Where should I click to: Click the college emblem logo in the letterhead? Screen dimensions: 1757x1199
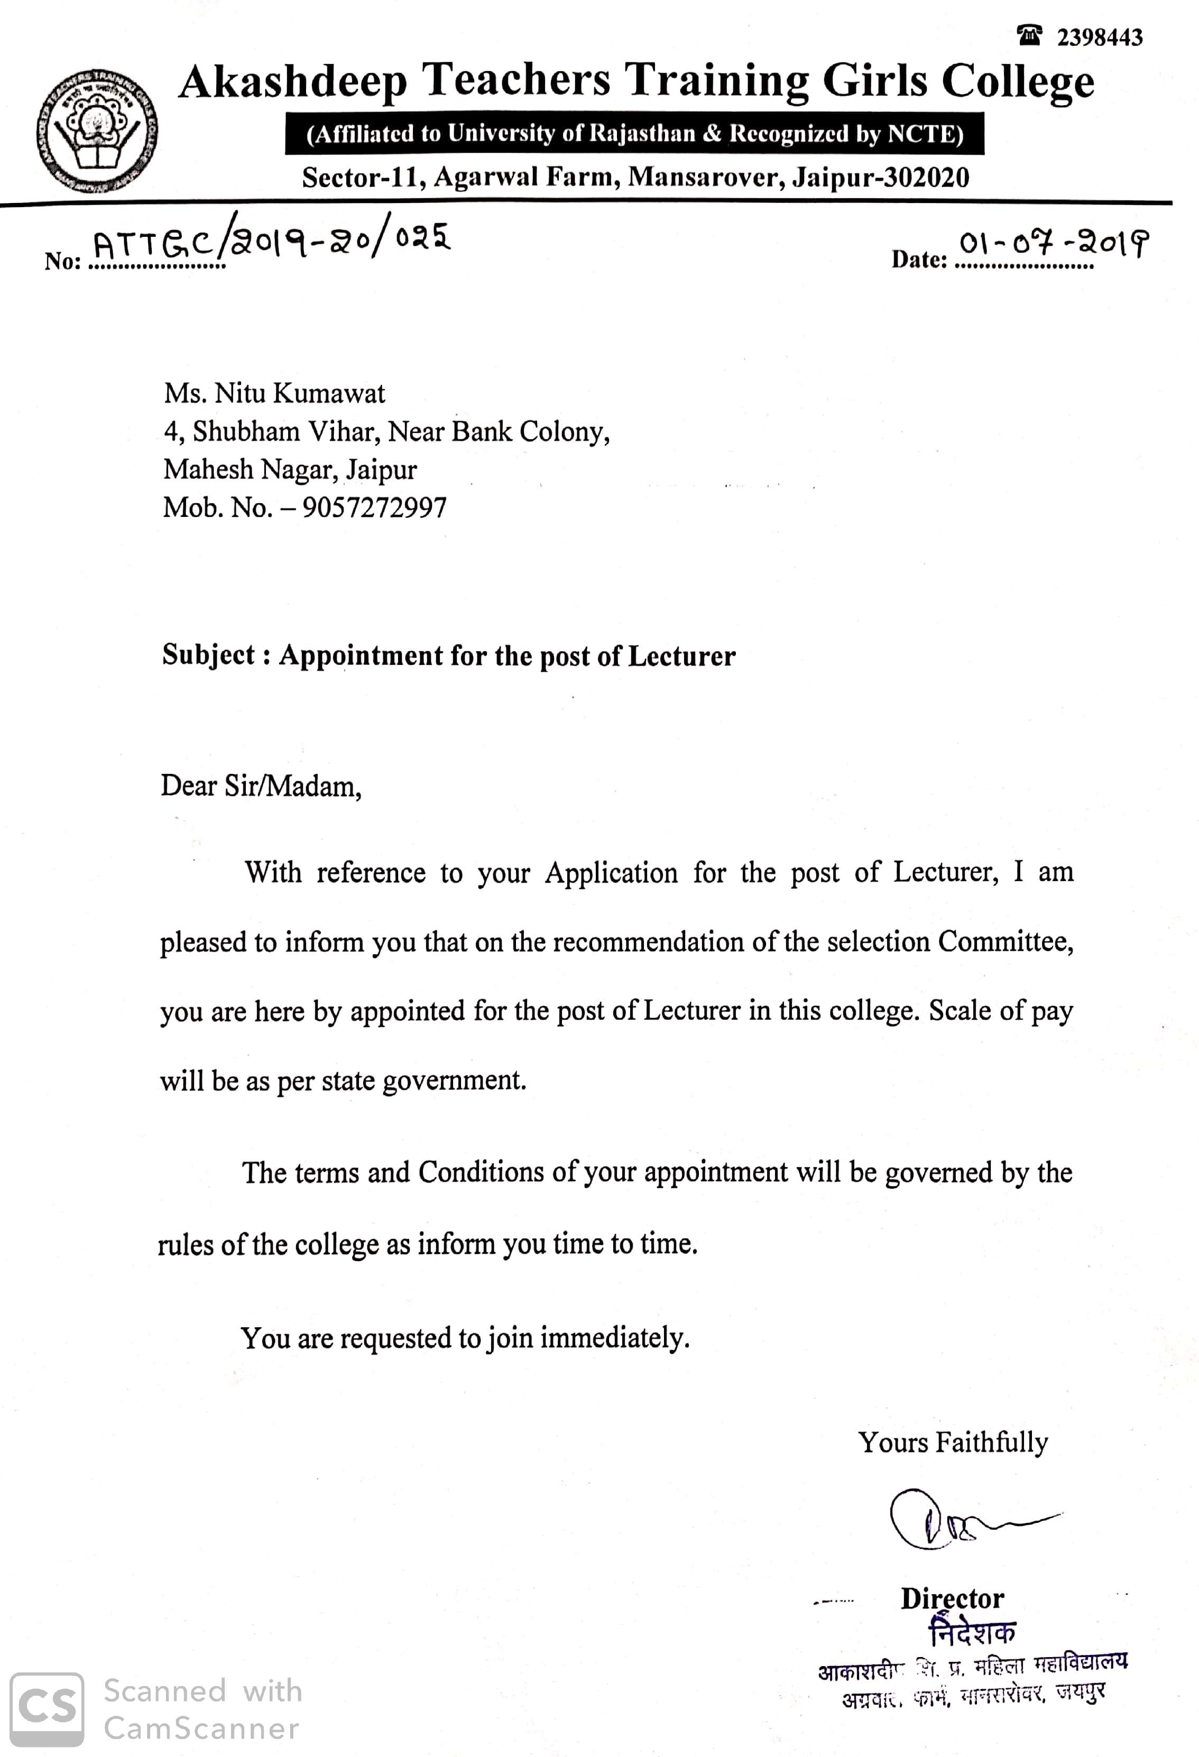(97, 130)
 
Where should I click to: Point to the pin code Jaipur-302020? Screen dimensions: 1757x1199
(880, 178)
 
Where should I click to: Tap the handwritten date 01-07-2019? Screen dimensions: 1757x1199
(1054, 244)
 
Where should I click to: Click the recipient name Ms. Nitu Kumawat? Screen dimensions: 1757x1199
(274, 393)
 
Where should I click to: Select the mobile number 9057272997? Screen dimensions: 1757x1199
(374, 507)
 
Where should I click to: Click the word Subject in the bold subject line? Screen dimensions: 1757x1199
(209, 655)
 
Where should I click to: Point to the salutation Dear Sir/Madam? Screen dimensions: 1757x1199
(261, 787)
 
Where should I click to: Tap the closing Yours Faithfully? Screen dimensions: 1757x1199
(953, 1442)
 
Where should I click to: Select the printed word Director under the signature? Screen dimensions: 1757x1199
(952, 1598)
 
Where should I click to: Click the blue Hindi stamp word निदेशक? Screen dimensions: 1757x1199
(972, 1633)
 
